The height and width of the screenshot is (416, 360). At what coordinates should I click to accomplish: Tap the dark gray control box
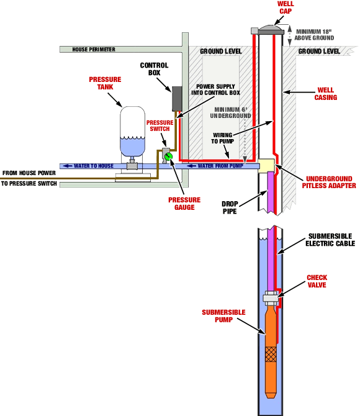(176, 99)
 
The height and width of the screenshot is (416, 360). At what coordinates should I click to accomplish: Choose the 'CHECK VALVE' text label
(317, 281)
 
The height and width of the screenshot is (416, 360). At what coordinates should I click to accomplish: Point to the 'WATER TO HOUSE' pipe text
(94, 166)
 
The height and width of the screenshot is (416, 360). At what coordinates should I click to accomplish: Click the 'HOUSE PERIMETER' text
(94, 50)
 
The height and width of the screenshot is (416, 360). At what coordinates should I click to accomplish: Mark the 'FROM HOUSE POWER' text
(29, 173)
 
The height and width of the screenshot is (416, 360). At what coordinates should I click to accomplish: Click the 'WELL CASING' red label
(326, 93)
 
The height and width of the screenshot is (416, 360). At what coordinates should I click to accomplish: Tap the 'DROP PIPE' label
(231, 207)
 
